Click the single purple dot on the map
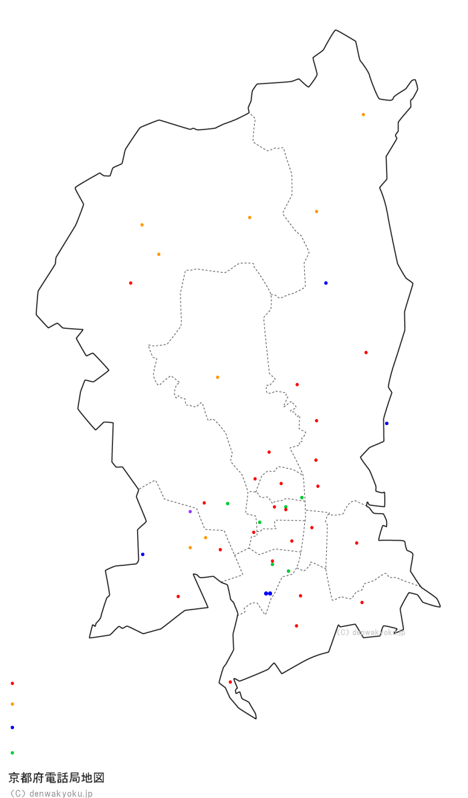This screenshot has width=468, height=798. (190, 511)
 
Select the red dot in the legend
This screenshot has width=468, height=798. (12, 683)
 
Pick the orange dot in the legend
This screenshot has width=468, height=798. (12, 704)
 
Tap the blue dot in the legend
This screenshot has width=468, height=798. (12, 727)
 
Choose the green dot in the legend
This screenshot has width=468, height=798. (12, 753)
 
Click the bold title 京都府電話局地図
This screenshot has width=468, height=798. (56, 778)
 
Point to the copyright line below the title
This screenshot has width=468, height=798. (51, 793)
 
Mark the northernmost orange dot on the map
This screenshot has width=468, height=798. (363, 114)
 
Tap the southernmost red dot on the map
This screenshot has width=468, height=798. (230, 682)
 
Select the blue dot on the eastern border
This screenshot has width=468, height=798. (386, 423)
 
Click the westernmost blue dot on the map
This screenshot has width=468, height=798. (142, 554)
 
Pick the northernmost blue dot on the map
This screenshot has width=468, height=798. (326, 283)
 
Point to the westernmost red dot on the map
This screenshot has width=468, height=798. (130, 283)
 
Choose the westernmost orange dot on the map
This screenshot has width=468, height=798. (142, 225)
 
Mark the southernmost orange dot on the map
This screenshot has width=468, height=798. (190, 547)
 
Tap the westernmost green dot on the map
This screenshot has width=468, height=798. (227, 503)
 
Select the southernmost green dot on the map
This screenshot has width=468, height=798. (288, 571)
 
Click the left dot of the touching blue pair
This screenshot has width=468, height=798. (265, 593)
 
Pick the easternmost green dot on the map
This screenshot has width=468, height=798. (302, 497)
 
